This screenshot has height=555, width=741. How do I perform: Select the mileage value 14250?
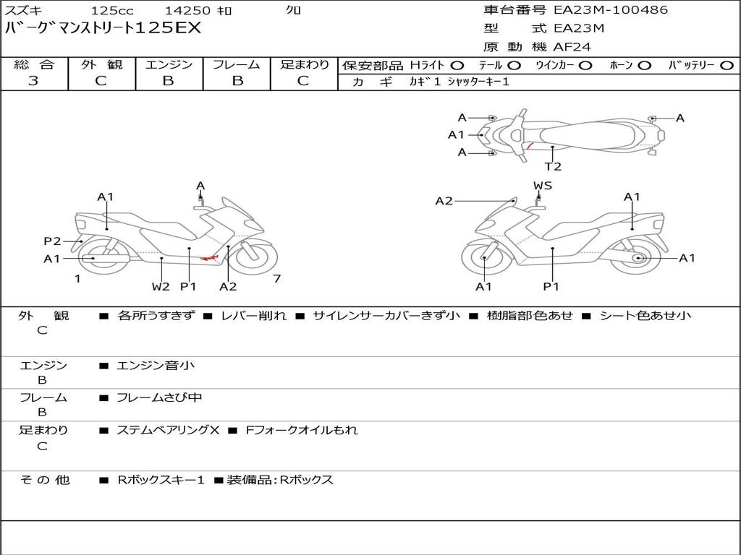pos(187,11)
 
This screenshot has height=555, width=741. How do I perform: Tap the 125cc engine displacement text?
pos(112,11)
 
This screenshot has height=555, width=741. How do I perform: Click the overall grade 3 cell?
pos(33,81)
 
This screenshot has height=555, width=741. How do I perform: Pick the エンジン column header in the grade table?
pos(169,65)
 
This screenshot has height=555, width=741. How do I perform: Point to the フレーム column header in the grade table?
pos(237,65)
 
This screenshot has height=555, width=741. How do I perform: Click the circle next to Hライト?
pos(457,66)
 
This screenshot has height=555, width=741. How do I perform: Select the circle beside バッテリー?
pos(727,66)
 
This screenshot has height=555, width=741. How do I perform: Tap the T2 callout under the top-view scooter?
pos(553,166)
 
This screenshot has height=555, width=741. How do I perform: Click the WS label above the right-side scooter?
pos(543,186)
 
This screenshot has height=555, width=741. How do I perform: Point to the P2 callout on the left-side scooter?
pos(52,241)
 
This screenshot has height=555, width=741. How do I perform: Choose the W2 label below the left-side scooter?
pos(161,286)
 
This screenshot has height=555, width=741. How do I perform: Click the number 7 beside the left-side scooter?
pos(276,279)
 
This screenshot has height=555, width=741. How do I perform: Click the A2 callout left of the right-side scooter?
pos(444,201)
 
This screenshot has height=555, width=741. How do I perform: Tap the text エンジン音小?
pos(155,366)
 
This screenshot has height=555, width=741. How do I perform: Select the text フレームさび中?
pos(159,397)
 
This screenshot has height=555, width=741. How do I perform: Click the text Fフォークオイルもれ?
pos(302,430)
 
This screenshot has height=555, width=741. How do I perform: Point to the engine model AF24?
pos(572,47)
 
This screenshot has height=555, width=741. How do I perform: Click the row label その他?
pos(45,479)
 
